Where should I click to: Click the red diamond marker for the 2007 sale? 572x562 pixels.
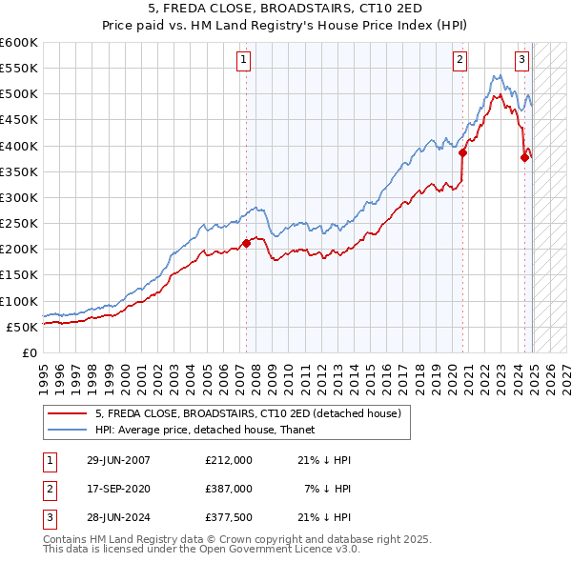point(246,243)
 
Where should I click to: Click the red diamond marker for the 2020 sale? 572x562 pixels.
point(462,152)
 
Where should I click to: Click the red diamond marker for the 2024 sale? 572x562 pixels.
point(524,158)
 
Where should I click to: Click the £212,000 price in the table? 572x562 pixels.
point(229,460)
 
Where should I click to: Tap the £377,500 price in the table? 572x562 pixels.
point(229,517)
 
